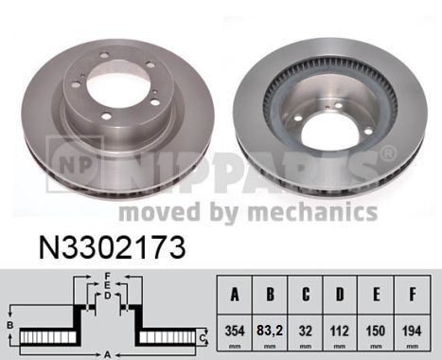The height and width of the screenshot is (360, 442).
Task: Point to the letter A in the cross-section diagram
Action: (x=107, y=352)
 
